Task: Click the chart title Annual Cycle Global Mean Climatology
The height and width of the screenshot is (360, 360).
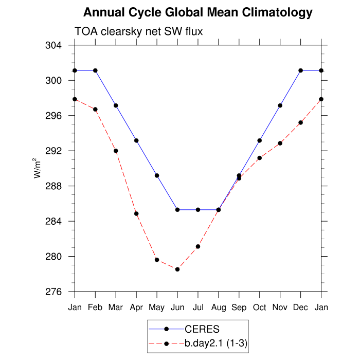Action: tap(198, 12)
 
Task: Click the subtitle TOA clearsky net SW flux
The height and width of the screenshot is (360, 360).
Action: tap(139, 31)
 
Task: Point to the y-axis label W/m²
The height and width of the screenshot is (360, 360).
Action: tap(38, 168)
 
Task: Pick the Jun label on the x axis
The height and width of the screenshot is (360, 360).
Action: tap(177, 308)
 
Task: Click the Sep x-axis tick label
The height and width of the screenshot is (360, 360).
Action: tap(239, 308)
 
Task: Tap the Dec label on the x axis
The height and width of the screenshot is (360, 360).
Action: tap(301, 308)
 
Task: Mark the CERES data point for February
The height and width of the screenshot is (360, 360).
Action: tap(95, 70)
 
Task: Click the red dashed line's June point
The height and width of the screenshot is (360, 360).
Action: tap(177, 269)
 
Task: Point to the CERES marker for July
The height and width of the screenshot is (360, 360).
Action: tap(198, 210)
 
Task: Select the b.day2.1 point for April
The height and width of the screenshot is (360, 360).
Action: tap(136, 213)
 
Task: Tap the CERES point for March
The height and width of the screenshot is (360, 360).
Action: tap(116, 105)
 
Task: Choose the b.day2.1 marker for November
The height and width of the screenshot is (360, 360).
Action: tap(280, 143)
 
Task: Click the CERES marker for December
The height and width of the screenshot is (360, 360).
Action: tap(301, 70)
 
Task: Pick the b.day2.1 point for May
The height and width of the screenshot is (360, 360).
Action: tap(157, 260)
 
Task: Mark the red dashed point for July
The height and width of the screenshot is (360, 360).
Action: tap(198, 246)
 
